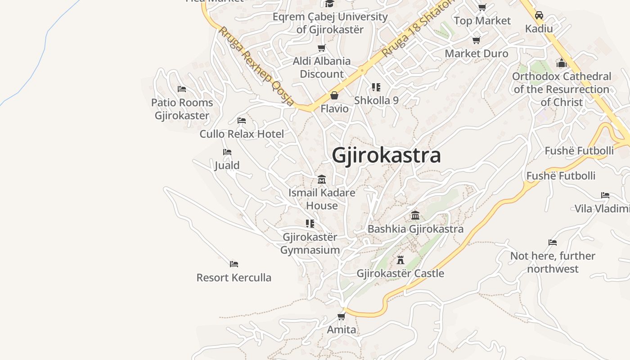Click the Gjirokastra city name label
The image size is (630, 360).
[386, 156]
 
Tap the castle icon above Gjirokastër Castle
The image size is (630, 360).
[400, 260]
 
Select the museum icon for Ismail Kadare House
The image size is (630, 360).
[321, 180]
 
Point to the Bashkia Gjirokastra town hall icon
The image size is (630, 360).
[415, 216]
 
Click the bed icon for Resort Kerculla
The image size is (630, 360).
[234, 264]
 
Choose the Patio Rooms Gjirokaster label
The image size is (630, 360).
[182, 109]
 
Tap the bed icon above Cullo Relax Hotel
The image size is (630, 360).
[242, 121]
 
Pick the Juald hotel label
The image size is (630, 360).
[227, 165]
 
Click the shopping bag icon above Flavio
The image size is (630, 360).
[334, 95]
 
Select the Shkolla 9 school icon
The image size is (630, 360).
[376, 87]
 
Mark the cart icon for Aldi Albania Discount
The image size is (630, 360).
[321, 48]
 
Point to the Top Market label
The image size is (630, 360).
[482, 21]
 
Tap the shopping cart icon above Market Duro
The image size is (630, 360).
[476, 40]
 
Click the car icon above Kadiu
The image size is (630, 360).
[539, 15]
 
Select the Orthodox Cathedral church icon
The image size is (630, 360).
[561, 63]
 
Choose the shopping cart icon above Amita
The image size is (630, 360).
[341, 316]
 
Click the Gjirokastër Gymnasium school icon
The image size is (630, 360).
[310, 223]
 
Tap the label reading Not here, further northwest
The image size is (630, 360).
[552, 262]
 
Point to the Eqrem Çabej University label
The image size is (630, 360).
[330, 23]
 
